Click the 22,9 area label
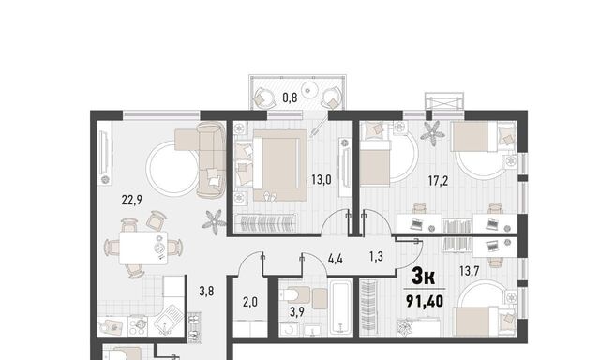[x=132, y=200]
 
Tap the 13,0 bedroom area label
[x=322, y=179]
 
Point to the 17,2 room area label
[x=438, y=181]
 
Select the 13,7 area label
[x=470, y=271]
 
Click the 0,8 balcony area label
[x=290, y=97]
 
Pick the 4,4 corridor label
[x=336, y=259]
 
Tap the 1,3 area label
[x=376, y=256]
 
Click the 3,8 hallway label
[x=206, y=292]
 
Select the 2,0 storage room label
[x=250, y=303]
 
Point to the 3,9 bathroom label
[x=297, y=312]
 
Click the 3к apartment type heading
[x=424, y=277]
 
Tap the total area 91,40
[x=425, y=302]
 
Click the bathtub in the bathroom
[x=341, y=307]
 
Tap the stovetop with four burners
[x=139, y=325]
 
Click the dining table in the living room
[x=143, y=247]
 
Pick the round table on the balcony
[x=309, y=90]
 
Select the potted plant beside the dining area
[x=214, y=221]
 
